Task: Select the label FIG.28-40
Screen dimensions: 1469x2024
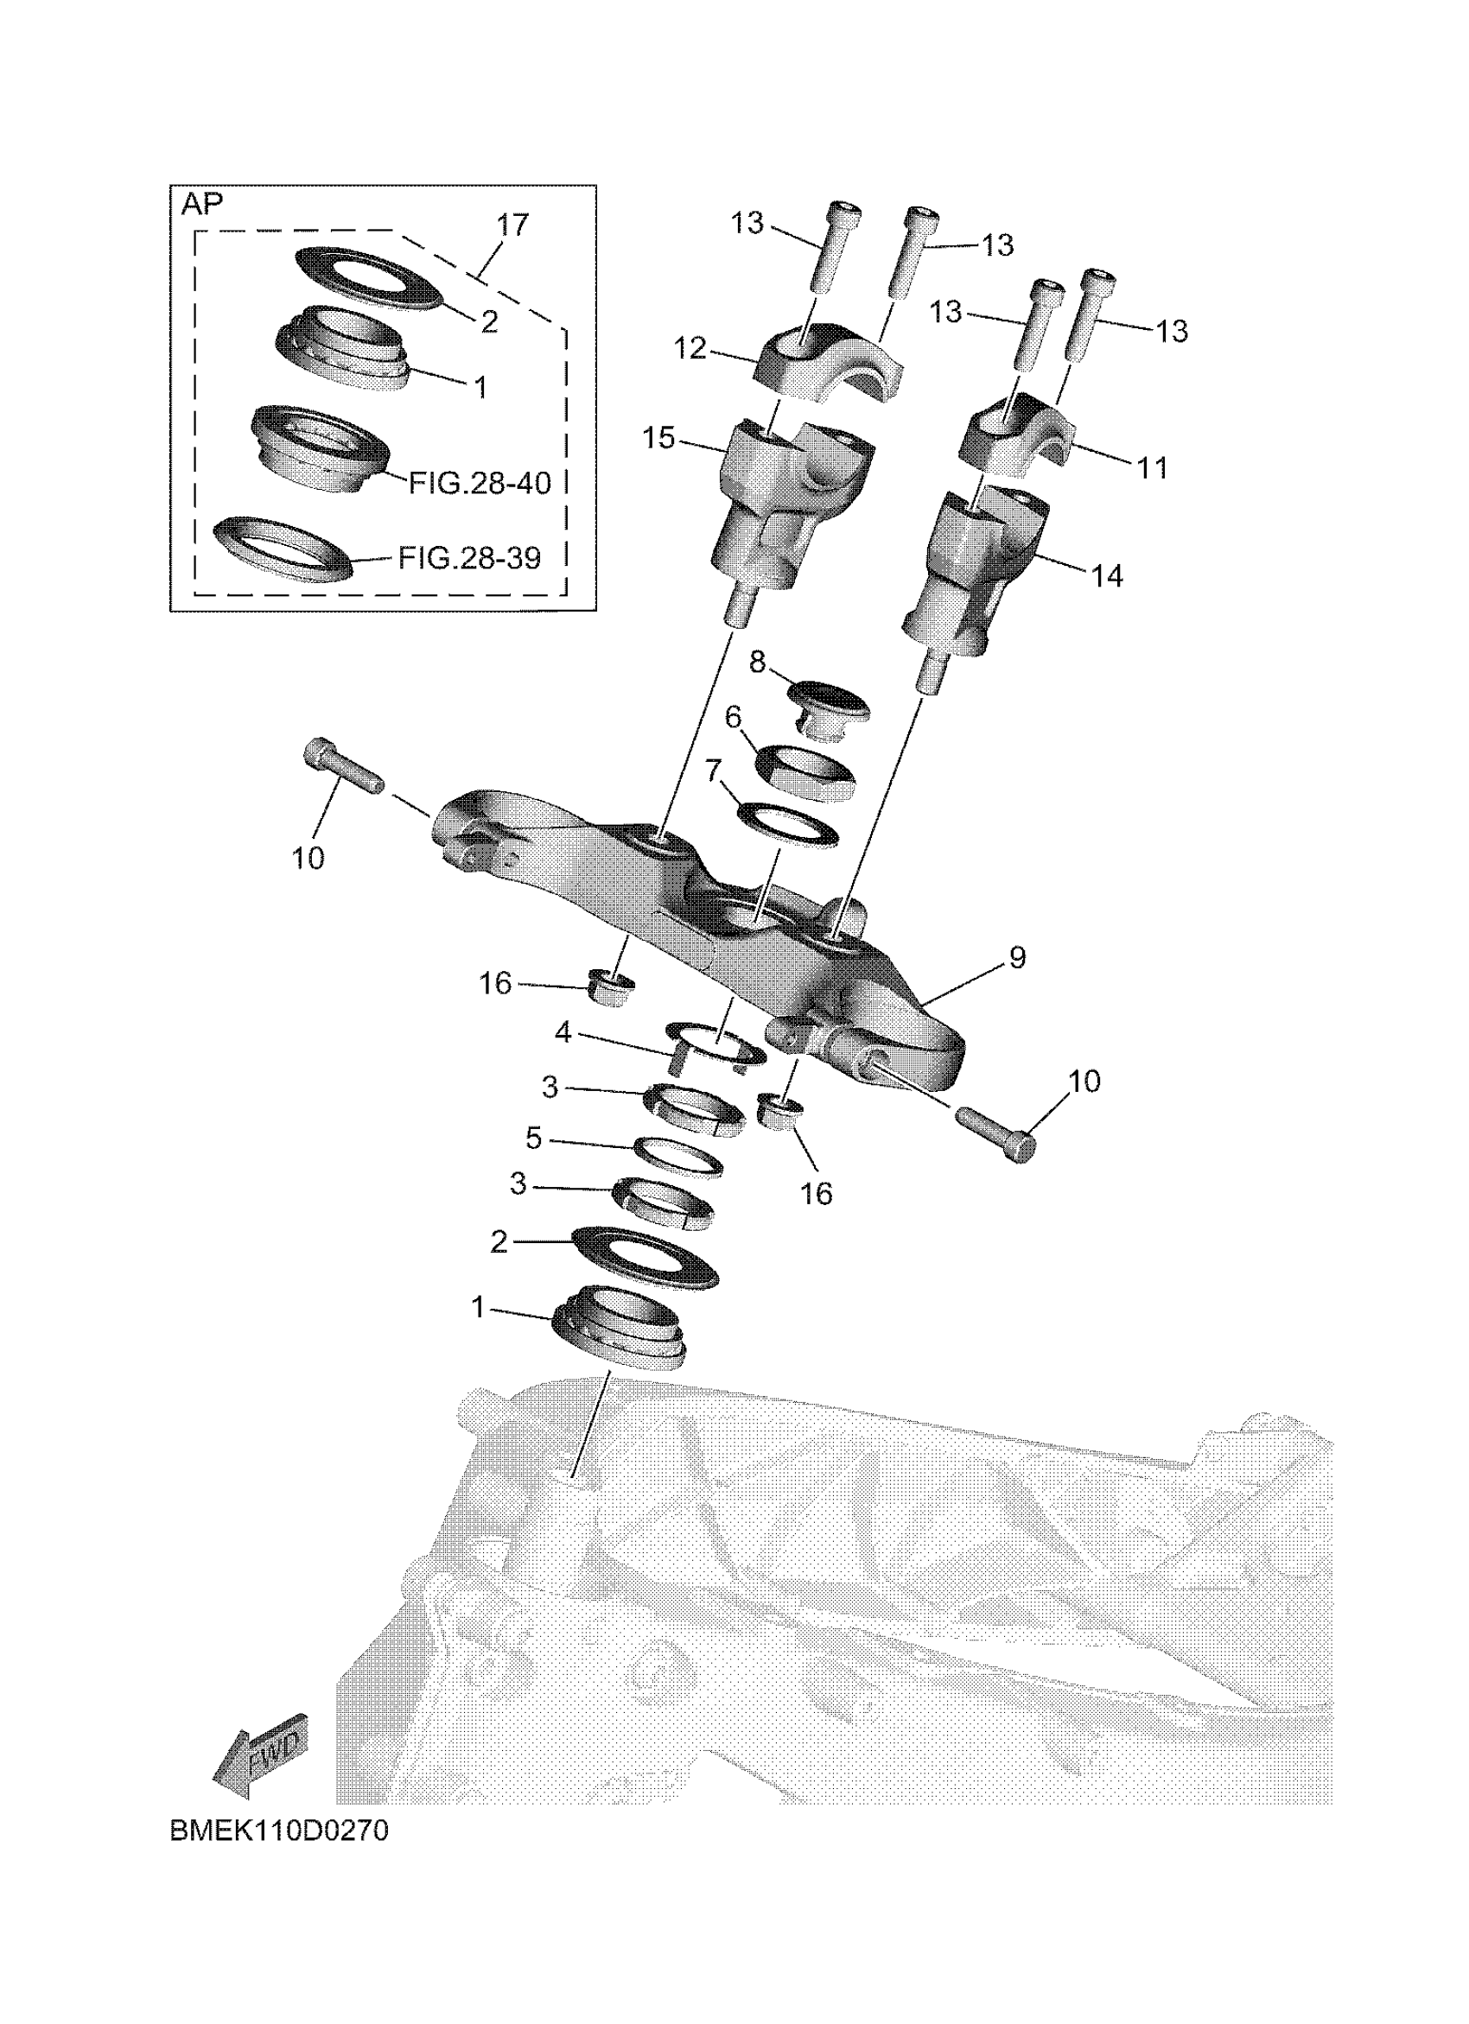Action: pos(480,484)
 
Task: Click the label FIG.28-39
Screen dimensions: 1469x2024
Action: pos(469,559)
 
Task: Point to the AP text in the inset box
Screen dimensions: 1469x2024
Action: pos(202,205)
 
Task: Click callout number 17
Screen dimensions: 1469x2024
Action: pos(513,225)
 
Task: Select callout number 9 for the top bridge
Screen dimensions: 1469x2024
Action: pos(1017,957)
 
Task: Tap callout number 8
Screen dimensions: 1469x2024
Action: pos(757,663)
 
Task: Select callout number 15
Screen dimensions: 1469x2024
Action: pos(658,438)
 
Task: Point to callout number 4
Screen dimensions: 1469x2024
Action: pos(563,1032)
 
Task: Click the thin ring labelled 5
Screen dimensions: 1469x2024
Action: pos(678,1158)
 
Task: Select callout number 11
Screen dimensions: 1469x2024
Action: pos(1152,467)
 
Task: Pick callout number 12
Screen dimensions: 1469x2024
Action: pos(690,348)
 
